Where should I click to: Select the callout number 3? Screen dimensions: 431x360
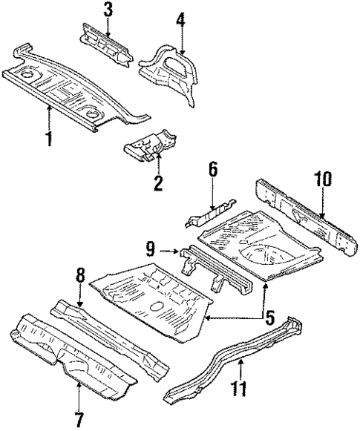click(x=108, y=10)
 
